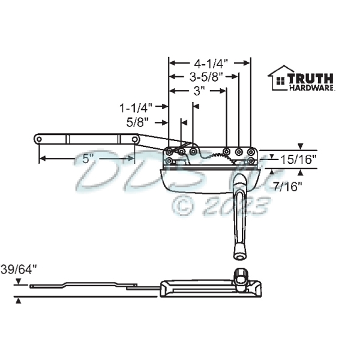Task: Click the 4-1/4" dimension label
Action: point(209,62)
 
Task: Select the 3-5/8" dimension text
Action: point(206,76)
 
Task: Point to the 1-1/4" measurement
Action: point(135,108)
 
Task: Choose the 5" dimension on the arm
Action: point(88,159)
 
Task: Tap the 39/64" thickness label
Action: point(19,269)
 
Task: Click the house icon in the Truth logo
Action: point(278,78)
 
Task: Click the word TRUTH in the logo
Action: point(310,77)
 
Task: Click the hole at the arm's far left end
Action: point(38,139)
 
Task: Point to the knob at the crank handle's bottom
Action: point(239,255)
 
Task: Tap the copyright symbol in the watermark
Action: point(183,206)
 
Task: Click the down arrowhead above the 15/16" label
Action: point(301,145)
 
